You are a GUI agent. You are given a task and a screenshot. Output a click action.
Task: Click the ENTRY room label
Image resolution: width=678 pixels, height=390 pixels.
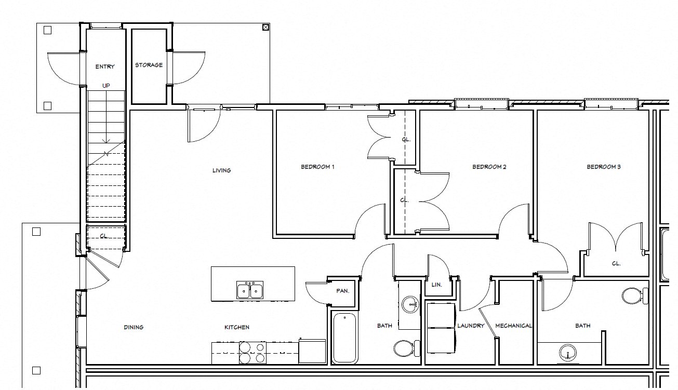pyautogui.click(x=105, y=66)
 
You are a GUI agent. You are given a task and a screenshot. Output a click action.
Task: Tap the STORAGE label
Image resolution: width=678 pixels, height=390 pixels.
pyautogui.click(x=149, y=65)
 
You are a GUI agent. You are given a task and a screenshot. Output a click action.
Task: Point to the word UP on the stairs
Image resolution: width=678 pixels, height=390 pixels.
pyautogui.click(x=106, y=86)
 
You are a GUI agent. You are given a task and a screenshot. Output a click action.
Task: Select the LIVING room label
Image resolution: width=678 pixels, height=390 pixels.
pyautogui.click(x=221, y=170)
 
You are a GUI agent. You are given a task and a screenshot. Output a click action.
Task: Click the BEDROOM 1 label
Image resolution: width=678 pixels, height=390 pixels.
pyautogui.click(x=317, y=167)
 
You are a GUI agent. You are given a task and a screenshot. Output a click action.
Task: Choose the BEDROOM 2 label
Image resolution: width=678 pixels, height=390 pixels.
pyautogui.click(x=489, y=167)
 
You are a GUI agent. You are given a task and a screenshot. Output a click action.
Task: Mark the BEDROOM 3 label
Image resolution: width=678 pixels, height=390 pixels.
pyautogui.click(x=604, y=167)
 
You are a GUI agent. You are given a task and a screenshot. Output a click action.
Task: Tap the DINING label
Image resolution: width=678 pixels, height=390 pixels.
pyautogui.click(x=134, y=327)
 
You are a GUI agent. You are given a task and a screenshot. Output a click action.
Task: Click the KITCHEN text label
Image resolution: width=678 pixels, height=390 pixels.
pyautogui.click(x=236, y=327)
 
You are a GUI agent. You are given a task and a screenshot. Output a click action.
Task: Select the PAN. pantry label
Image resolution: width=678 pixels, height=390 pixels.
pyautogui.click(x=342, y=291)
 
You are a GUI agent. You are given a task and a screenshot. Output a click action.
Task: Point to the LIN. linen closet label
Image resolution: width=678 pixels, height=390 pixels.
pyautogui.click(x=436, y=285)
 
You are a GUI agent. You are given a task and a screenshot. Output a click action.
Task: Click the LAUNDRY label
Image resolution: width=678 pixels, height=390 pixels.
pyautogui.click(x=471, y=326)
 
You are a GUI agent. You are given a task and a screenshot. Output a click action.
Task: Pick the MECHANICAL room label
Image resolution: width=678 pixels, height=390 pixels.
pyautogui.click(x=513, y=326)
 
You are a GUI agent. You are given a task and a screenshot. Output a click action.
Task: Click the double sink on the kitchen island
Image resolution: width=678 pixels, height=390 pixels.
pyautogui.click(x=250, y=290)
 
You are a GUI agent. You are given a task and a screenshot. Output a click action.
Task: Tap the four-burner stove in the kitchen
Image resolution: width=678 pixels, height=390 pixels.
pyautogui.click(x=252, y=353)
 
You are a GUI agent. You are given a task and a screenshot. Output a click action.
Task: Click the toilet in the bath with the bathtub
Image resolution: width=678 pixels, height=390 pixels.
pyautogui.click(x=405, y=347)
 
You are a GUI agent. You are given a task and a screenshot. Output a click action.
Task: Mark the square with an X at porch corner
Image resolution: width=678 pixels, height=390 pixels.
pyautogui.click(x=265, y=28)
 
